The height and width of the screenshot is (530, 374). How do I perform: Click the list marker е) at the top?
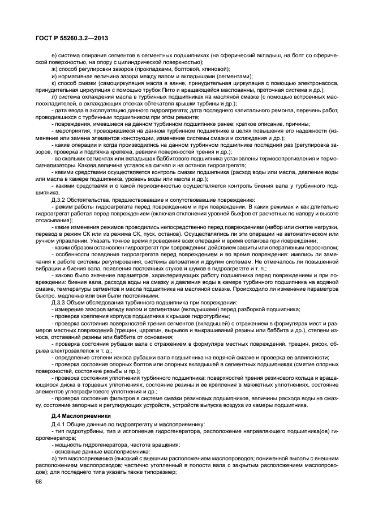click(x=53, y=54)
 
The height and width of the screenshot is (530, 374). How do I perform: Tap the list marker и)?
click(x=53, y=75)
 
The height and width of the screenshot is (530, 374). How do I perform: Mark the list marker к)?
click(x=53, y=83)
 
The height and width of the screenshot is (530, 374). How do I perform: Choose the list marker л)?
click(x=53, y=96)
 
